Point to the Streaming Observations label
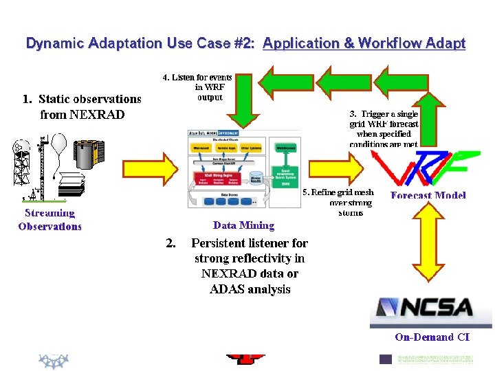click(x=49, y=220)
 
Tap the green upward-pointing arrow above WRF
click(x=434, y=103)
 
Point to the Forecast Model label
click(x=428, y=195)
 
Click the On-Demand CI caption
click(x=432, y=337)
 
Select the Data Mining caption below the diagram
click(x=243, y=225)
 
